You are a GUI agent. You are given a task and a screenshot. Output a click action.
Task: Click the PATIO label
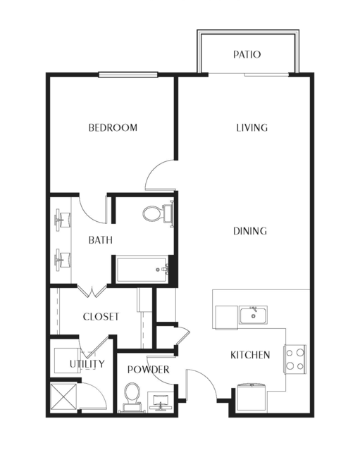[247, 54]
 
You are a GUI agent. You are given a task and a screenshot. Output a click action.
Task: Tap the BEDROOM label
[113, 127]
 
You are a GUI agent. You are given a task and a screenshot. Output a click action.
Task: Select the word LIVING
[252, 127]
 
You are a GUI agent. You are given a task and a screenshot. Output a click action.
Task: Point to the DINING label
[250, 231]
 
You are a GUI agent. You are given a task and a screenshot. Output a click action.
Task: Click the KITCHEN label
[250, 355]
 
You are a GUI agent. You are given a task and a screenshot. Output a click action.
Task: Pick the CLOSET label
[101, 317]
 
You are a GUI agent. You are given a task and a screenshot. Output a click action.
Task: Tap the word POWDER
[149, 369]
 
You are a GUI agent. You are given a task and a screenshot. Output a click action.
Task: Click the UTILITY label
[87, 363]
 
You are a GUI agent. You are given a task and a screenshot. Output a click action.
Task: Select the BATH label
[101, 240]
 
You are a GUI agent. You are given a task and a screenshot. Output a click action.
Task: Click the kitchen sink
[253, 315]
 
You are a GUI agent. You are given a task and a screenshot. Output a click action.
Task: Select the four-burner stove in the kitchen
[294, 359]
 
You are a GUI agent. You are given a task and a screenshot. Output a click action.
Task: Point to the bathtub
[142, 270]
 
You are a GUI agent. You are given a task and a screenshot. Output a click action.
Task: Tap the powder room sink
[160, 401]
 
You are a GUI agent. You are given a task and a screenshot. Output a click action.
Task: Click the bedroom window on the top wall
[128, 75]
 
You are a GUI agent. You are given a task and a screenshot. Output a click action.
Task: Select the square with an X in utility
[63, 396]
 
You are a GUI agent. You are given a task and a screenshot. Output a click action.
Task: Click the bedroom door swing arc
[155, 169]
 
